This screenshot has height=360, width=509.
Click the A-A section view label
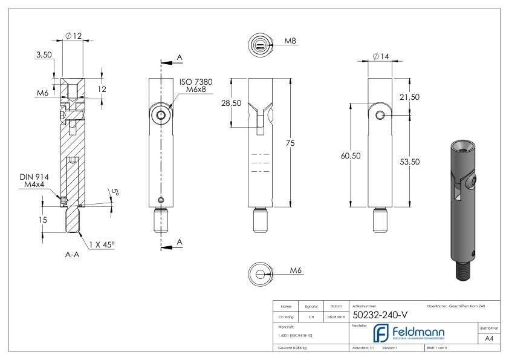(x=73, y=255)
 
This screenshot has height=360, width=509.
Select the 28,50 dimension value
(x=231, y=103)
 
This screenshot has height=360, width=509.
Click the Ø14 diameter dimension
(x=381, y=56)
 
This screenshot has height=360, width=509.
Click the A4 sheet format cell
(x=491, y=339)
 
